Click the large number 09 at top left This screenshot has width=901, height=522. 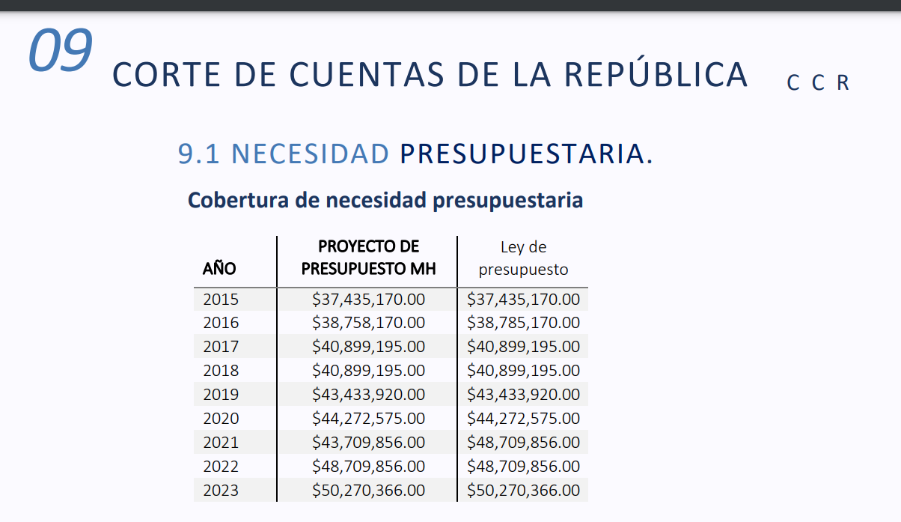(60, 50)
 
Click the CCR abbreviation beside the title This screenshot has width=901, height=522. (818, 83)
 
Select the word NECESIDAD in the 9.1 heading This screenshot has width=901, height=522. (310, 154)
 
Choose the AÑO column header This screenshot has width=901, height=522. (219, 268)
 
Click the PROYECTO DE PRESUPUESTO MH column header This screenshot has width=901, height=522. (368, 258)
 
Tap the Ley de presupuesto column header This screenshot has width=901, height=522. (523, 258)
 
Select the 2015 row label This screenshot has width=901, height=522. (221, 300)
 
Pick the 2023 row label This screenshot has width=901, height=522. (221, 491)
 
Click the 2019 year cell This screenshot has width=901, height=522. (221, 395)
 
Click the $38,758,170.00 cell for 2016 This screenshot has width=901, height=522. (368, 323)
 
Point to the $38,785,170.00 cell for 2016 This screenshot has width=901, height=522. (523, 323)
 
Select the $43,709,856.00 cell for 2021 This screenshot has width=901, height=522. (368, 443)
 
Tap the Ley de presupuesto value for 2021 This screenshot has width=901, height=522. (523, 443)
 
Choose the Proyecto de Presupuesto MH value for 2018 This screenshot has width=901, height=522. (368, 371)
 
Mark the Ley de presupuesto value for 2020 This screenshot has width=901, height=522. (523, 419)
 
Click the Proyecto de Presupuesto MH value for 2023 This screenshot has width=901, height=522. (368, 491)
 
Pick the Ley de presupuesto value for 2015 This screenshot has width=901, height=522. (523, 300)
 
